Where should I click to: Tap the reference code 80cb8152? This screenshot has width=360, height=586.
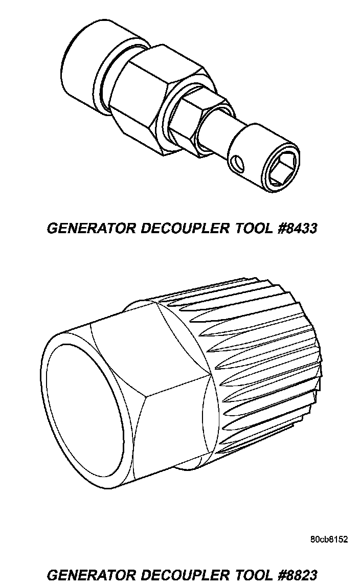[328, 539]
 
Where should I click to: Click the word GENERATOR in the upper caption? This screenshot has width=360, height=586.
[87, 228]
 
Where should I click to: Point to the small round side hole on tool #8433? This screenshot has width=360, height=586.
[237, 164]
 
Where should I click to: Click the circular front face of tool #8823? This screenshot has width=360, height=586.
[84, 409]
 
